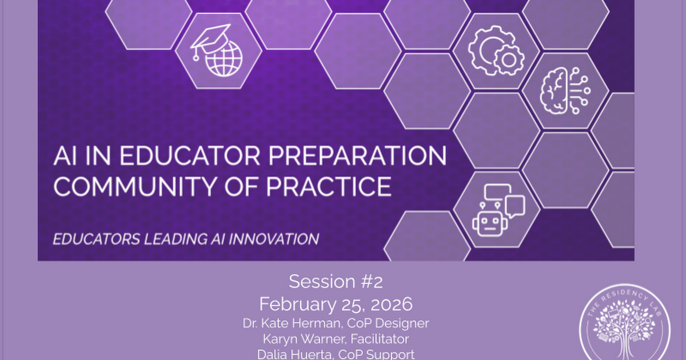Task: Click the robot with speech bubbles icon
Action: (x=496, y=209)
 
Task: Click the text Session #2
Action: (x=335, y=282)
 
